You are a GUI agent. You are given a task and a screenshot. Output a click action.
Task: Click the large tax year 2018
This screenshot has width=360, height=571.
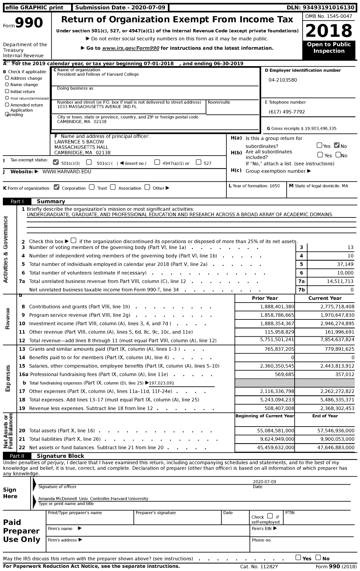click(x=329, y=31)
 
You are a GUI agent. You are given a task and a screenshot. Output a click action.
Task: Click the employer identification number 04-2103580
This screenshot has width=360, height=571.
click(x=283, y=80)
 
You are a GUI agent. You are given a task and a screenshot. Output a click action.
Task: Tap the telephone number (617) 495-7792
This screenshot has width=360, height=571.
click(x=287, y=112)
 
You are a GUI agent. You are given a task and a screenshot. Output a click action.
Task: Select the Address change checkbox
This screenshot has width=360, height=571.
click(x=7, y=78)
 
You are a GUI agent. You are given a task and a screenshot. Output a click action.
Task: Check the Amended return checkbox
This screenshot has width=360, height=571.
click(x=7, y=105)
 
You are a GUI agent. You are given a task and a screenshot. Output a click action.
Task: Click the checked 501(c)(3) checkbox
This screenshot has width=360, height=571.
click(x=56, y=162)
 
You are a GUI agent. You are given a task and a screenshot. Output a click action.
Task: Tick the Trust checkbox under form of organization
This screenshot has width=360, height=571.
click(x=92, y=187)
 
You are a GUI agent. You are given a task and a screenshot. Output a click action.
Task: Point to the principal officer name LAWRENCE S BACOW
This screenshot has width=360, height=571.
click(x=79, y=142)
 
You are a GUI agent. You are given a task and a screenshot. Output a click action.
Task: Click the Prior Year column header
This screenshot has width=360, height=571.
click(x=265, y=298)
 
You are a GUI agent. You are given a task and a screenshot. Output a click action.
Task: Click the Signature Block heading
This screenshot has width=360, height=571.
click(x=60, y=456)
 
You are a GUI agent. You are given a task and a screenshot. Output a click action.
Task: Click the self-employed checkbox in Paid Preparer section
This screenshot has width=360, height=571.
click(x=270, y=516)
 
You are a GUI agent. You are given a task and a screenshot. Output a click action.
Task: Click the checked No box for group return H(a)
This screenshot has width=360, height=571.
click(x=337, y=145)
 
